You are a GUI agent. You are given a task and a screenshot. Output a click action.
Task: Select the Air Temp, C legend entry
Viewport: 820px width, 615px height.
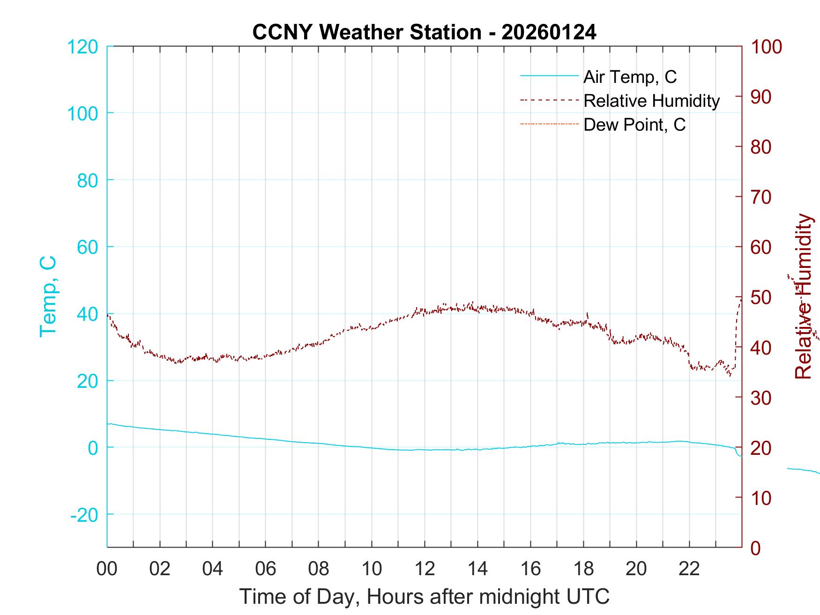click(630, 77)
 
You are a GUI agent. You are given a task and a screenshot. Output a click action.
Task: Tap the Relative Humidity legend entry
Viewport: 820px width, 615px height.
click(651, 101)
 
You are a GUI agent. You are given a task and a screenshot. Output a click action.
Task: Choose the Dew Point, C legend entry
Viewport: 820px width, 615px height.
click(634, 125)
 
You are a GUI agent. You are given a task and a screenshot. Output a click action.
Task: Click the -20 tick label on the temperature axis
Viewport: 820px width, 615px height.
click(84, 515)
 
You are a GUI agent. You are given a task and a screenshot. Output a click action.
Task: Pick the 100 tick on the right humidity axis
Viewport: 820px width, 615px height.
click(767, 47)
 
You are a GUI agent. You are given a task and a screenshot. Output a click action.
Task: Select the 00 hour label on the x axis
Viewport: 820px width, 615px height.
click(107, 569)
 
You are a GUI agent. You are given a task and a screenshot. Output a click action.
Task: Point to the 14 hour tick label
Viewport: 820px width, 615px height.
click(477, 569)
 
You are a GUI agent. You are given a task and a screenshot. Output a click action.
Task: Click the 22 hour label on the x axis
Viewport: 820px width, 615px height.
click(689, 569)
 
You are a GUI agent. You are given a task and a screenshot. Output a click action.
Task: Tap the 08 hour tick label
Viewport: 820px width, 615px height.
click(319, 569)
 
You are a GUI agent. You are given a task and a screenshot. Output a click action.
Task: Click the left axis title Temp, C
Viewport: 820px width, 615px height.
click(48, 296)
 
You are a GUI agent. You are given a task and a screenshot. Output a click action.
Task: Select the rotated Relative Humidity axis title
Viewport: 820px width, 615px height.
click(803, 296)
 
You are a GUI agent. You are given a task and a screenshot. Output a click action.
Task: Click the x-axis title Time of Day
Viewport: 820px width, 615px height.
click(425, 596)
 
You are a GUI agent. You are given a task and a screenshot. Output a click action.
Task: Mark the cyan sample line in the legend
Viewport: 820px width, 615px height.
click(549, 76)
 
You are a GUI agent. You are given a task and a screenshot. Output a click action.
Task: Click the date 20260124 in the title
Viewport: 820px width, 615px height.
click(549, 32)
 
